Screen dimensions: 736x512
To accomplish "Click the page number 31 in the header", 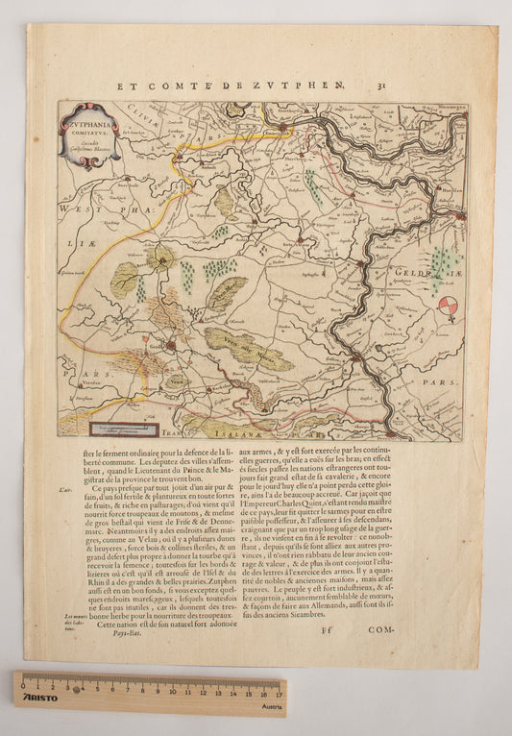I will click(x=381, y=86).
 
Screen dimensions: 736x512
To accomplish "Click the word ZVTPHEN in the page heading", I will click(x=307, y=86).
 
